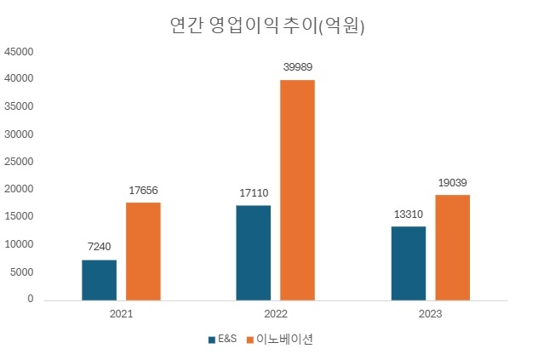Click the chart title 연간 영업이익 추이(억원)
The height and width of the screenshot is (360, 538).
[268, 26]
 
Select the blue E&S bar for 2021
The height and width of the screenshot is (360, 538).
[100, 280]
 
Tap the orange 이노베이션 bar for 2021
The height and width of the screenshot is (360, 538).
[143, 251]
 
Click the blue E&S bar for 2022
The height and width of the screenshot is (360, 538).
[254, 253]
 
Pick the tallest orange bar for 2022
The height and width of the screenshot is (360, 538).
[297, 190]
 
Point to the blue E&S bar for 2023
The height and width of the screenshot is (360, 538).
[409, 263]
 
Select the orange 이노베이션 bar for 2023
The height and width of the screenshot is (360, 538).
[452, 248]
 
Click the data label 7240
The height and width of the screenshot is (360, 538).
[100, 247]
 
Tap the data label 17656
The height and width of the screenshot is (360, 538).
[143, 190]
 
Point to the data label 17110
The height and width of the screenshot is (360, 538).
[254, 193]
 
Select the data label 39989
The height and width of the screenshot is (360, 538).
[297, 66]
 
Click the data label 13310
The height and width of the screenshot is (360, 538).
[409, 214]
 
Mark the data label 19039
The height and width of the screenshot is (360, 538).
[452, 182]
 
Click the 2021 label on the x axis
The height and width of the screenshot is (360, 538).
[121, 314]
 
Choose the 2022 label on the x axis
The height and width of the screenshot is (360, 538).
[275, 314]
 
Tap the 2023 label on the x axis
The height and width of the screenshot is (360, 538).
[430, 314]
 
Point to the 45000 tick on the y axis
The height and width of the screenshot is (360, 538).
[19, 52]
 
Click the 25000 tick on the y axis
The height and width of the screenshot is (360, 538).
[19, 162]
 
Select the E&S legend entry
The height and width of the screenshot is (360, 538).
[223, 339]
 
